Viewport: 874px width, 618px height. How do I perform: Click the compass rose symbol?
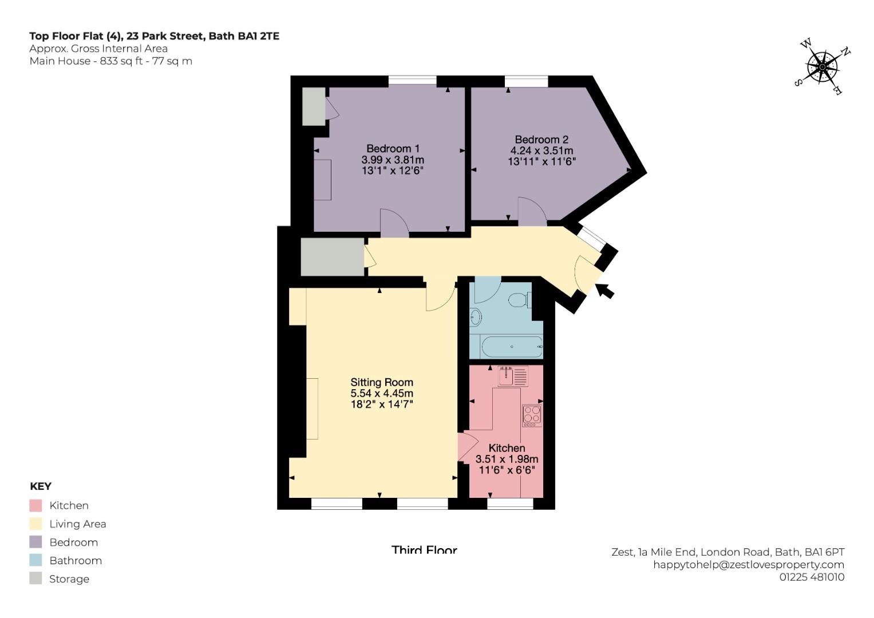[x=822, y=67]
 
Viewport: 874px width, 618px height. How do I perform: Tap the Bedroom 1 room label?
[x=393, y=149]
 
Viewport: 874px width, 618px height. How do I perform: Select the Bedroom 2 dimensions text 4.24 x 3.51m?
[x=541, y=150]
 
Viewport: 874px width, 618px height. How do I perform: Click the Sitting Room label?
[x=382, y=382]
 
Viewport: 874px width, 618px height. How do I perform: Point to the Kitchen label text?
[x=507, y=448]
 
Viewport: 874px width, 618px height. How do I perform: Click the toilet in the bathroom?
[x=519, y=300]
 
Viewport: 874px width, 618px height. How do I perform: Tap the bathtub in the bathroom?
[x=512, y=346]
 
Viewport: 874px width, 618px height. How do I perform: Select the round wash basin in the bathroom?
[x=476, y=316]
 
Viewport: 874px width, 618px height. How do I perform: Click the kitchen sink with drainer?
[x=513, y=377]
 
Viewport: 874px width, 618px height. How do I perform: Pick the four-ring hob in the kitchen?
[x=532, y=415]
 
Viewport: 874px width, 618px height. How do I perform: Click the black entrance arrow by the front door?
[x=604, y=291]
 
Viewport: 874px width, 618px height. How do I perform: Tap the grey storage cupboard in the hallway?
[x=332, y=257]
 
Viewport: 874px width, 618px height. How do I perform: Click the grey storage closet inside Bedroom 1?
[x=314, y=106]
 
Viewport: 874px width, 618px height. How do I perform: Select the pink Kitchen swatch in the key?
[x=35, y=505]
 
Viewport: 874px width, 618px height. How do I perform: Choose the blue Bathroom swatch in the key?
[x=35, y=560]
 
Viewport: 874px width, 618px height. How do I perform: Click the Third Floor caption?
[x=424, y=550]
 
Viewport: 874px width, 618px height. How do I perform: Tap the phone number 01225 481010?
[x=812, y=577]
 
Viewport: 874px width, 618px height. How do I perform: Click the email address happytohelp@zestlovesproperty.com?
[x=749, y=564]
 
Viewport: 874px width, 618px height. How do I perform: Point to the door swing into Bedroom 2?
[x=532, y=210]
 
